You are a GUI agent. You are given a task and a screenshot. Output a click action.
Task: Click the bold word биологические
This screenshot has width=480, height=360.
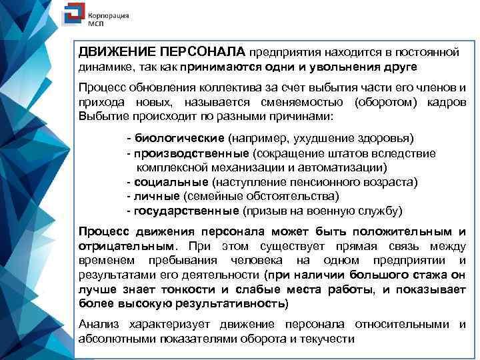(x=179, y=138)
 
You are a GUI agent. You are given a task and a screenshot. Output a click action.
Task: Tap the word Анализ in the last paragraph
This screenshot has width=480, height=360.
(x=98, y=324)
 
